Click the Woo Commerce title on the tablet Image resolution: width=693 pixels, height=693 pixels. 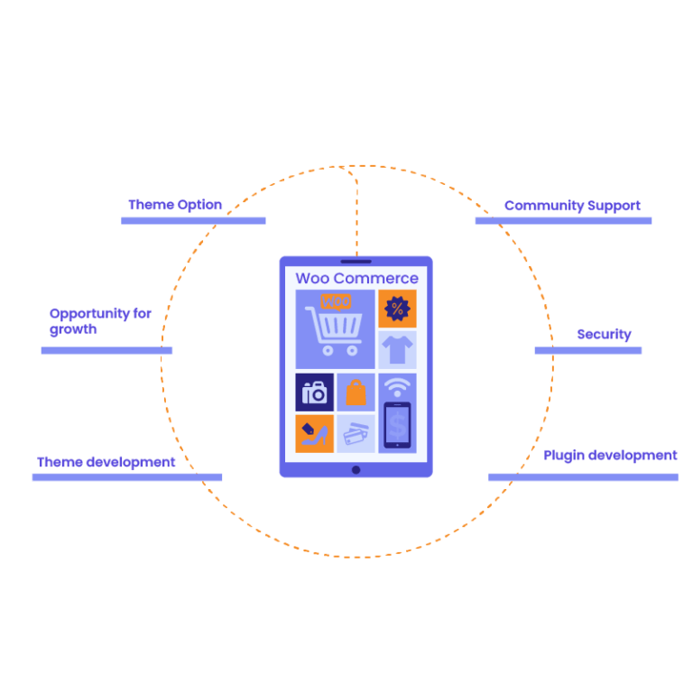(x=356, y=278)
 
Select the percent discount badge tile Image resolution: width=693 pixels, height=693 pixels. (x=397, y=309)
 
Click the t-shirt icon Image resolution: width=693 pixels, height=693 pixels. (x=397, y=348)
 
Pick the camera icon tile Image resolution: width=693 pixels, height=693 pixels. (x=314, y=392)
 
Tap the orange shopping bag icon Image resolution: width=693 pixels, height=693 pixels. (x=356, y=393)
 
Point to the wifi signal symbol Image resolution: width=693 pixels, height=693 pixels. (x=396, y=387)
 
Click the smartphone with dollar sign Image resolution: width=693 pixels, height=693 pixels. (x=397, y=424)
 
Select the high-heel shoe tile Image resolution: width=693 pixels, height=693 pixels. (x=314, y=434)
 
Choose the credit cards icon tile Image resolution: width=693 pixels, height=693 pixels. (x=356, y=434)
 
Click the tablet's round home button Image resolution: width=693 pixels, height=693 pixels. (x=356, y=469)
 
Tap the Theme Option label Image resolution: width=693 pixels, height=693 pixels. (x=176, y=205)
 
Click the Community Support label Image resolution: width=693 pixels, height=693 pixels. (x=573, y=206)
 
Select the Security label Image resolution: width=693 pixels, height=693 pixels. (x=604, y=334)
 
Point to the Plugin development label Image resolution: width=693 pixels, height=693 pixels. (x=610, y=456)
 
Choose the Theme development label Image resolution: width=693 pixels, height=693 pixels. (x=106, y=462)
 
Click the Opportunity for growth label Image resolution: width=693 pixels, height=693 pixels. (x=99, y=321)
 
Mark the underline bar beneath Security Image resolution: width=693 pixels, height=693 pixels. (x=587, y=350)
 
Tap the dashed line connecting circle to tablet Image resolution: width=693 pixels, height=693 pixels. (x=356, y=212)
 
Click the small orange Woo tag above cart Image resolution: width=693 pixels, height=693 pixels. (x=336, y=300)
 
